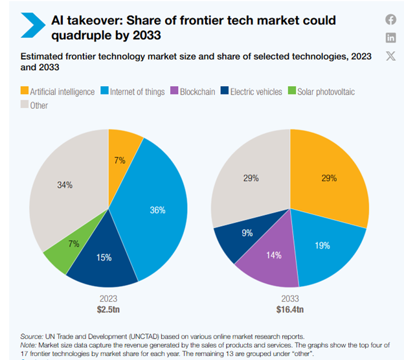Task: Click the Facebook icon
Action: pyautogui.click(x=390, y=19)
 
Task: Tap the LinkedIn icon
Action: pyautogui.click(x=390, y=37)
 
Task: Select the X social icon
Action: pyautogui.click(x=390, y=55)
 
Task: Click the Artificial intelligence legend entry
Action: pyautogui.click(x=58, y=92)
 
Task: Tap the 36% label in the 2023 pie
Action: pyautogui.click(x=157, y=210)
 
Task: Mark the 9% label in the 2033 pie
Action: pyautogui.click(x=248, y=232)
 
